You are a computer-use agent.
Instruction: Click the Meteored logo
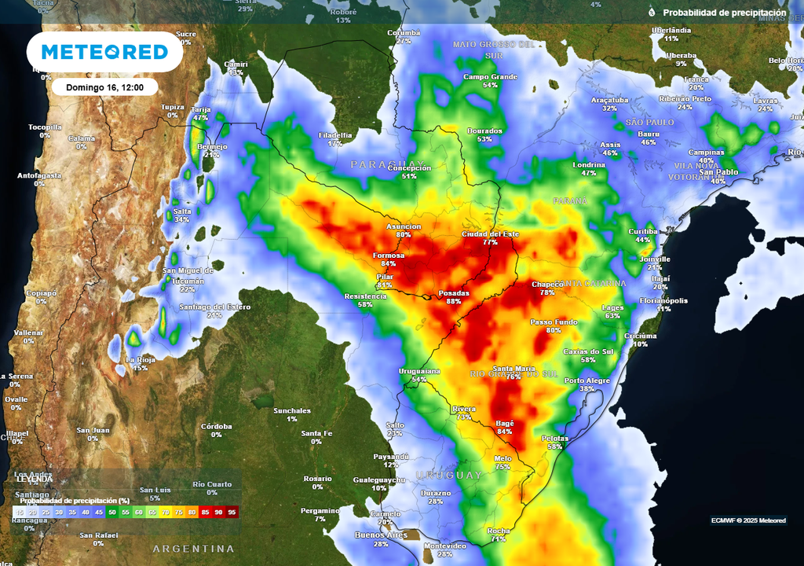(x=104, y=52)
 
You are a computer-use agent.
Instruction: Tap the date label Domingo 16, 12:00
(x=104, y=87)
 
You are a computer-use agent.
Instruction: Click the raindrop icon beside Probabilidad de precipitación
(x=651, y=13)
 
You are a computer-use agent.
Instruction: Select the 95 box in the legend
(x=232, y=512)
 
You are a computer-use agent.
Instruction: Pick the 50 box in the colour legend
(x=112, y=512)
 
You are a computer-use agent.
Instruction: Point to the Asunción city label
(x=404, y=226)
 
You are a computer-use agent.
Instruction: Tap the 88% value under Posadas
(x=453, y=302)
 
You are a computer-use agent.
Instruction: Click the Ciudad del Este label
(x=491, y=234)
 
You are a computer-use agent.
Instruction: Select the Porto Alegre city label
(x=587, y=380)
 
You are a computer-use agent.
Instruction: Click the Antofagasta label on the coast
(x=39, y=175)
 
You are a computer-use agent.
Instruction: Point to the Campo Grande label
(x=490, y=77)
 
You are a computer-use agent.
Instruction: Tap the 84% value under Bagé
(x=504, y=432)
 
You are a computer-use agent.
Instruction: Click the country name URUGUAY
(x=448, y=475)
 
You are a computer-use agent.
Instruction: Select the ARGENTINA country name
(x=193, y=548)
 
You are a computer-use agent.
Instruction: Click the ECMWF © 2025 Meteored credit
(x=747, y=520)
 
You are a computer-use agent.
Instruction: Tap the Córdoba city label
(x=216, y=426)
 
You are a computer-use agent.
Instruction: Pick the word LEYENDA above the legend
(x=34, y=479)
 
